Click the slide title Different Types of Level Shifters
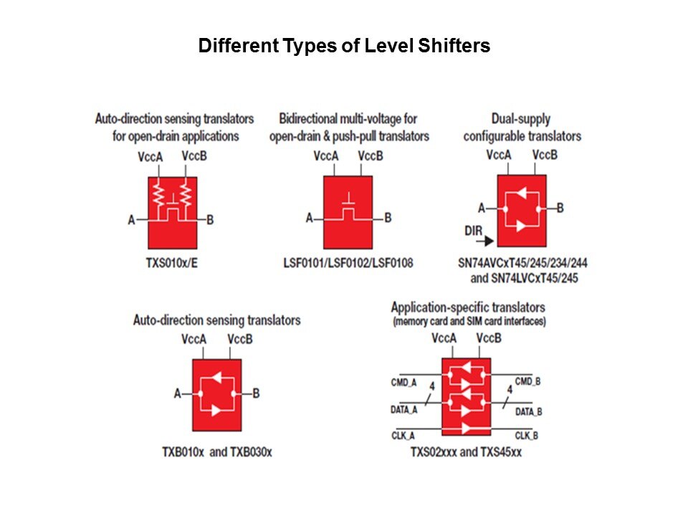click(x=344, y=47)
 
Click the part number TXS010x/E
click(x=172, y=262)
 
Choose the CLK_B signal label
click(x=526, y=435)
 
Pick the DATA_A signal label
click(x=404, y=410)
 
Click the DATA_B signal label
click(x=529, y=411)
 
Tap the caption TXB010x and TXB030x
click(x=217, y=452)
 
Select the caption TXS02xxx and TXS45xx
click(x=466, y=452)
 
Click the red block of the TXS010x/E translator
click(x=172, y=212)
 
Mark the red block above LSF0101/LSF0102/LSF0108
click(x=348, y=212)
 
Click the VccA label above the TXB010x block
click(x=194, y=339)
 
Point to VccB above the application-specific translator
click(x=488, y=338)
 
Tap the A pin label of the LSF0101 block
click(x=310, y=218)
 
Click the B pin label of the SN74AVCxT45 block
click(x=560, y=208)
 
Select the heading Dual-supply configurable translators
click(x=522, y=128)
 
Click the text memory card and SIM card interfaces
click(x=469, y=322)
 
